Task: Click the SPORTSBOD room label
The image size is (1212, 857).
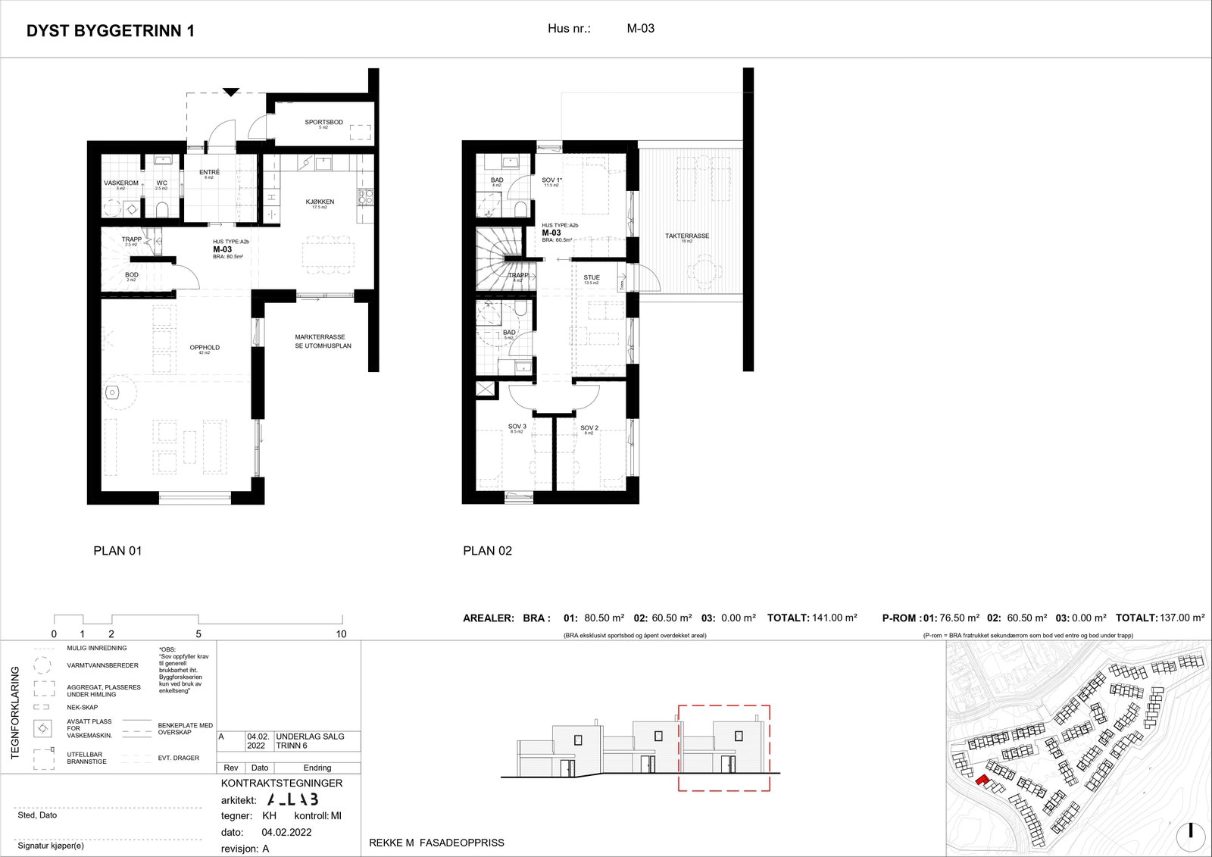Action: tap(323, 122)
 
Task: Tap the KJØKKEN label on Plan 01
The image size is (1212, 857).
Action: tap(320, 202)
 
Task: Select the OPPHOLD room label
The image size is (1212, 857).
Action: tap(205, 348)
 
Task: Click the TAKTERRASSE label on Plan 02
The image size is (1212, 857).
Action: tap(687, 236)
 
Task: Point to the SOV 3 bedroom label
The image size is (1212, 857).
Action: tap(517, 427)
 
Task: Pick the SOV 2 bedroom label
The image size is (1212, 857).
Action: tap(589, 428)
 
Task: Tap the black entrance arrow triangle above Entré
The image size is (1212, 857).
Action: tap(231, 92)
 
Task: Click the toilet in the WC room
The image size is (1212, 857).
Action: tap(161, 208)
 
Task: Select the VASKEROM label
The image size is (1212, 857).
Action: tap(121, 183)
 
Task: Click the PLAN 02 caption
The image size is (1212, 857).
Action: tap(487, 551)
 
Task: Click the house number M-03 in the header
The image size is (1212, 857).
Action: tap(640, 29)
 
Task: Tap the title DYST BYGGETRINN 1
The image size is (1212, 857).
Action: tap(111, 31)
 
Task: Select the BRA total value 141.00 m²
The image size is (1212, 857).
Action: tap(834, 618)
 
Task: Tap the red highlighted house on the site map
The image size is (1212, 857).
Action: tap(982, 780)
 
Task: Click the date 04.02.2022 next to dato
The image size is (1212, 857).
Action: tap(286, 832)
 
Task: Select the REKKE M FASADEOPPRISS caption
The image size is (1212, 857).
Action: tap(436, 843)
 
